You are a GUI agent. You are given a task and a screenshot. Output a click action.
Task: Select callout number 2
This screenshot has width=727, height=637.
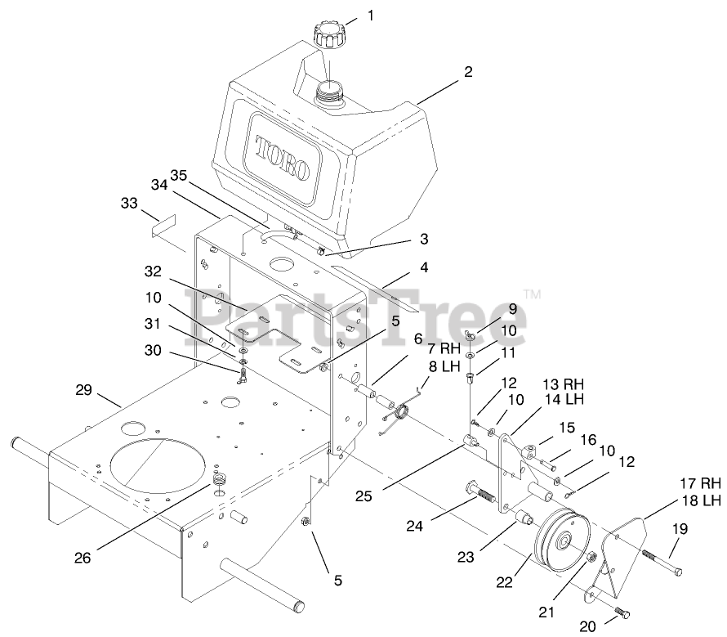[x=467, y=72]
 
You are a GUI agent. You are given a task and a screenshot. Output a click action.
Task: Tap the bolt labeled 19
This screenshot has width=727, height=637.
[x=662, y=562]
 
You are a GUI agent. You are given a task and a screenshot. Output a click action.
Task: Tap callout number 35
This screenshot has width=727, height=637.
[x=180, y=176]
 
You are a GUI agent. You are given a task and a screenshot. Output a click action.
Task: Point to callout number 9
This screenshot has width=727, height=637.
[x=512, y=308]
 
